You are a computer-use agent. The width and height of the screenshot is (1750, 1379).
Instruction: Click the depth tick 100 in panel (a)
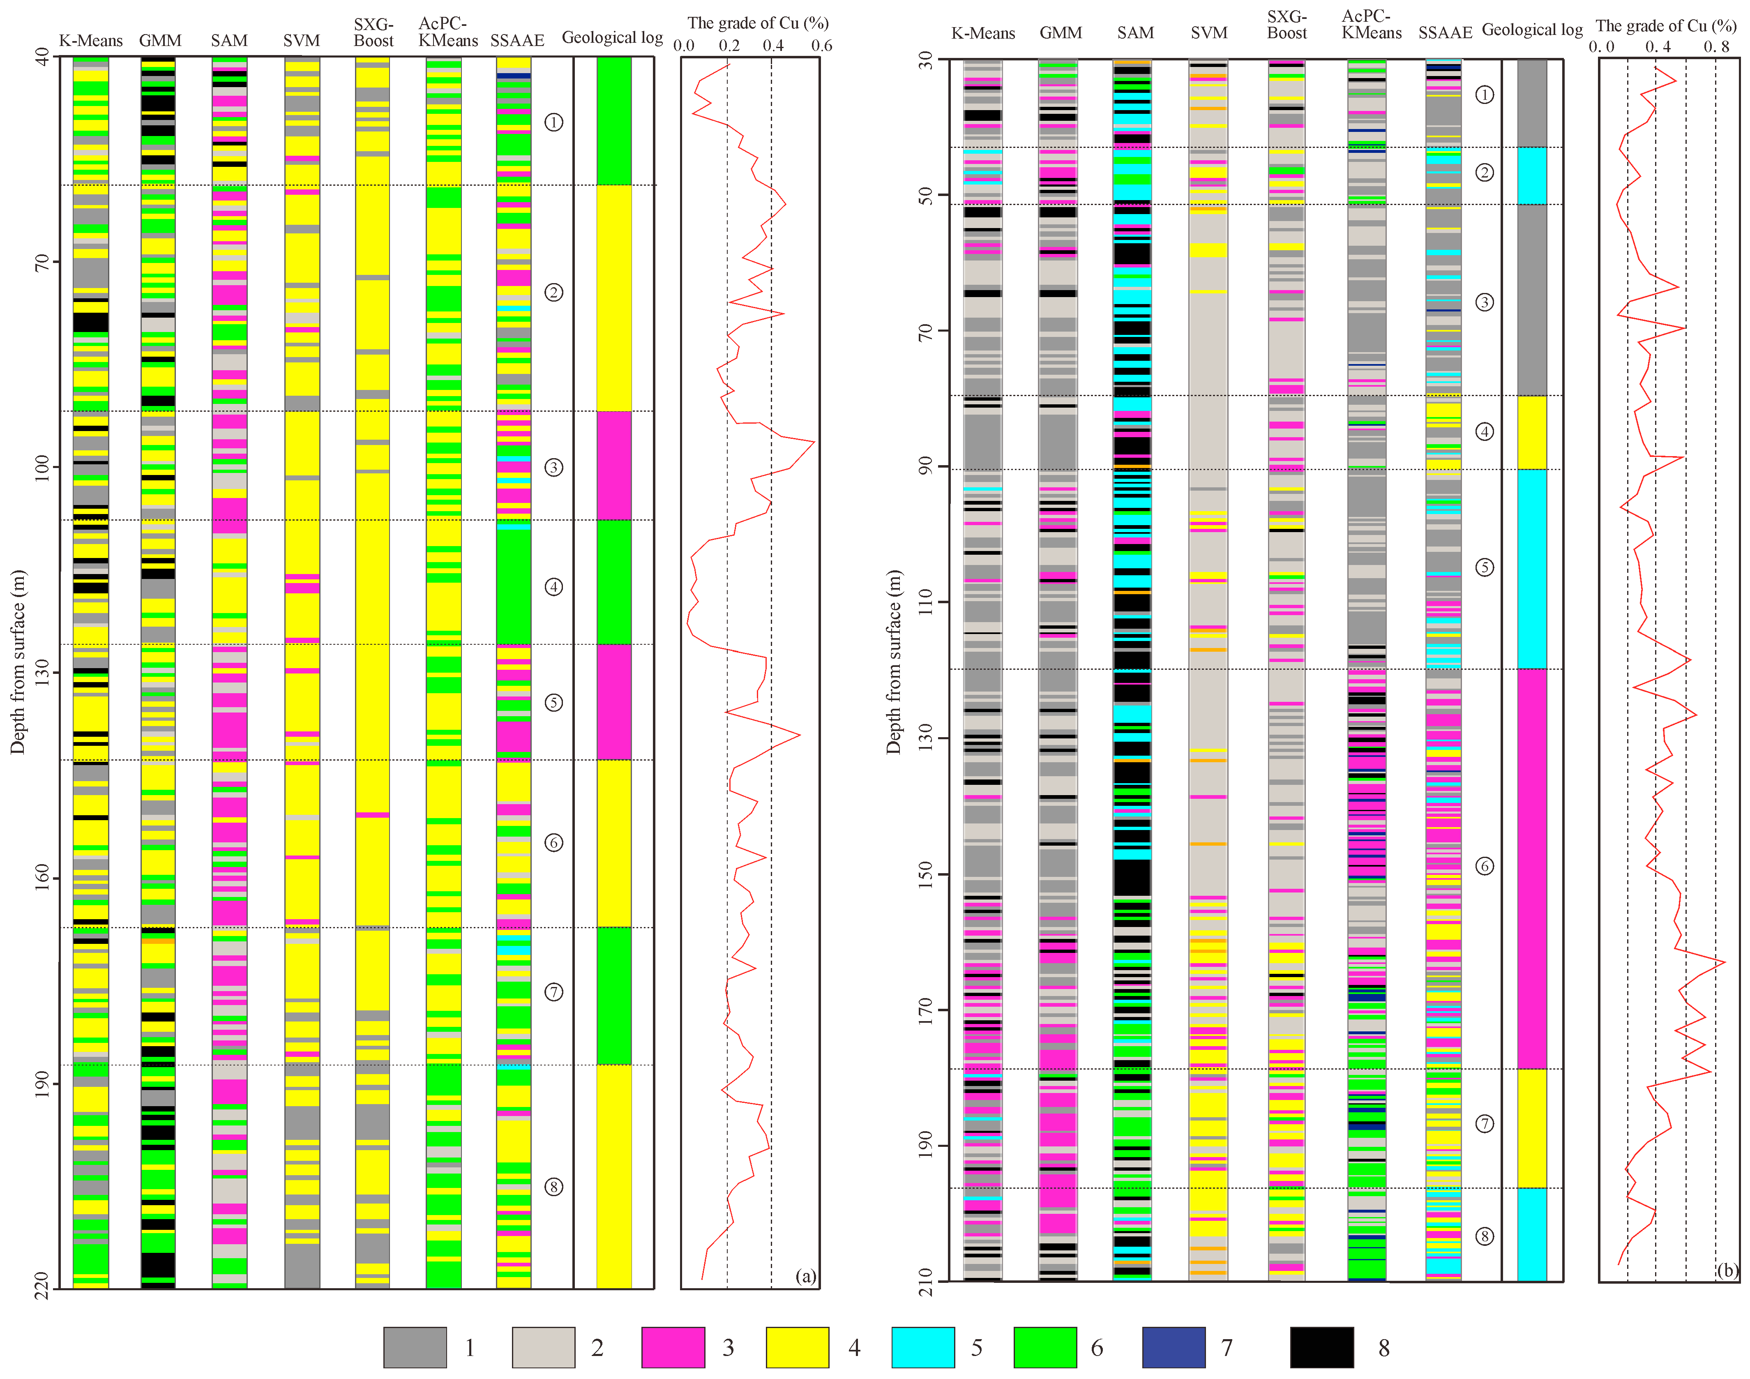(42, 467)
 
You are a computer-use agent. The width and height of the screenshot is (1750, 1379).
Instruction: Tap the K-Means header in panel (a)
(90, 40)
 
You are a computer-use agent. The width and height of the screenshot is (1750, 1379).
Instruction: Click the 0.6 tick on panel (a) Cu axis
(821, 45)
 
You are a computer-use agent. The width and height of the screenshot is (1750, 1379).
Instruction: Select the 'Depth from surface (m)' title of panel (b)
(893, 662)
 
